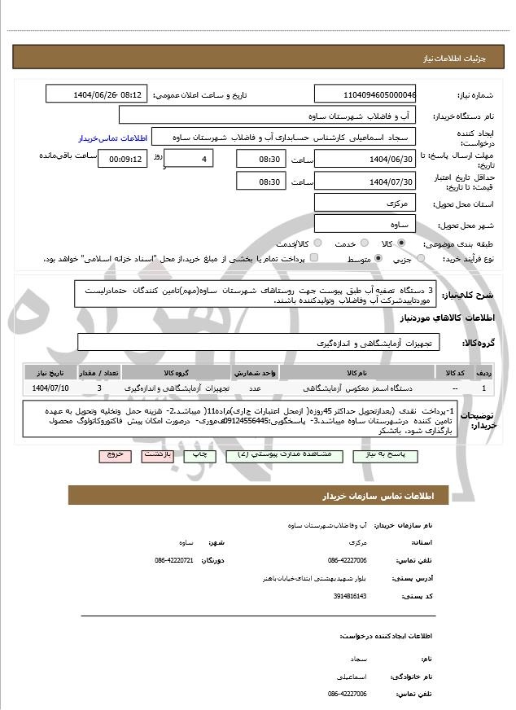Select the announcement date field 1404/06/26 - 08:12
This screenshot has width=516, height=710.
click(x=95, y=94)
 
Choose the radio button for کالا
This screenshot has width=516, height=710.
click(x=400, y=243)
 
